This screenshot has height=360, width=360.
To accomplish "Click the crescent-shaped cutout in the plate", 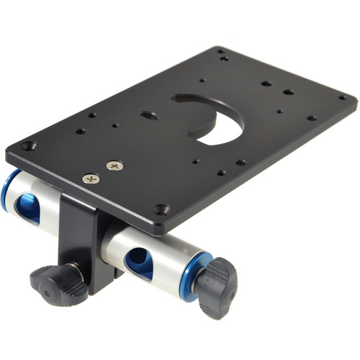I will pyautogui.click(x=216, y=119).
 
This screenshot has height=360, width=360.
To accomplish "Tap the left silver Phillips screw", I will pyautogui.click(x=91, y=179).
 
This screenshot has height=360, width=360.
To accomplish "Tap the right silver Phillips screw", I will pyautogui.click(x=114, y=166).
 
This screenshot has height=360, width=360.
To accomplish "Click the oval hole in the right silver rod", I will pyautogui.click(x=140, y=263).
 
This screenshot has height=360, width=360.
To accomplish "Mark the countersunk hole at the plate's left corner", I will pyautogui.click(x=29, y=146).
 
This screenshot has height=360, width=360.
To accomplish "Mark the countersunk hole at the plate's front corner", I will pyautogui.click(x=161, y=210).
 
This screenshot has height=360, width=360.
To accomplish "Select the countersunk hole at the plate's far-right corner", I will pyautogui.click(x=343, y=98).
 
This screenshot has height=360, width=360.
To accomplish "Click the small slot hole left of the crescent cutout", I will pyautogui.click(x=150, y=115).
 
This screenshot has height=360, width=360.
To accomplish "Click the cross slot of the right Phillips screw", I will pyautogui.click(x=114, y=166).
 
